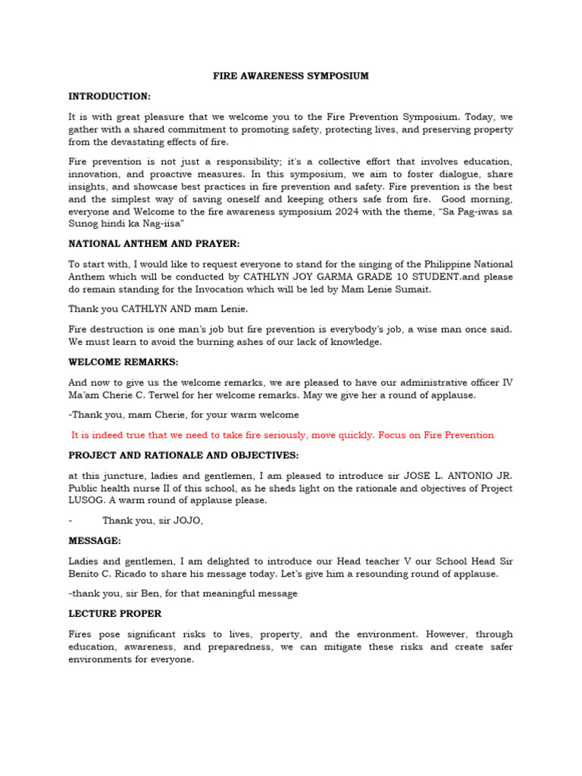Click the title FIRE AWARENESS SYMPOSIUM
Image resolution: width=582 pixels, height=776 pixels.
[x=290, y=76]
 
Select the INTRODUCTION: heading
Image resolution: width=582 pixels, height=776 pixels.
[x=109, y=96]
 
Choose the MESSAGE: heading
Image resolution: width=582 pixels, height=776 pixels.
[x=94, y=541]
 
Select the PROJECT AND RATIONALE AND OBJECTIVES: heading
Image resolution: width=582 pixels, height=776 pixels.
[x=183, y=455]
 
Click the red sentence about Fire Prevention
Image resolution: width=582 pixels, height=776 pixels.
[x=282, y=435]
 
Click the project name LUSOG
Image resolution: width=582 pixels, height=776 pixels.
[x=87, y=501]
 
